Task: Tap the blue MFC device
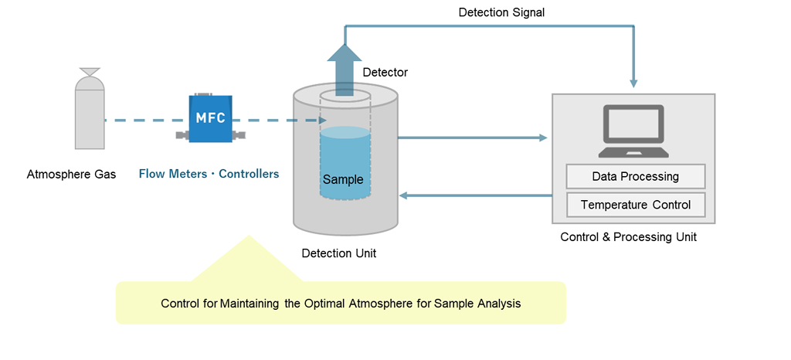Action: click(210, 120)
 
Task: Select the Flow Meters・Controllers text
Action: click(209, 175)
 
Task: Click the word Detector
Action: click(385, 73)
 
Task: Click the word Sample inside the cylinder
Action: click(343, 180)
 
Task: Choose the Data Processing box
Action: click(635, 176)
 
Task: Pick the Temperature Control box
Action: click(635, 205)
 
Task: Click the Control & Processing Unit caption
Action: click(628, 237)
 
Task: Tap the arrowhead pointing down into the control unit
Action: click(634, 82)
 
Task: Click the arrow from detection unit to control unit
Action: click(471, 138)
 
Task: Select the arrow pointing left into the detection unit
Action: click(471, 195)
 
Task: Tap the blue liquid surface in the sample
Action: click(345, 133)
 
